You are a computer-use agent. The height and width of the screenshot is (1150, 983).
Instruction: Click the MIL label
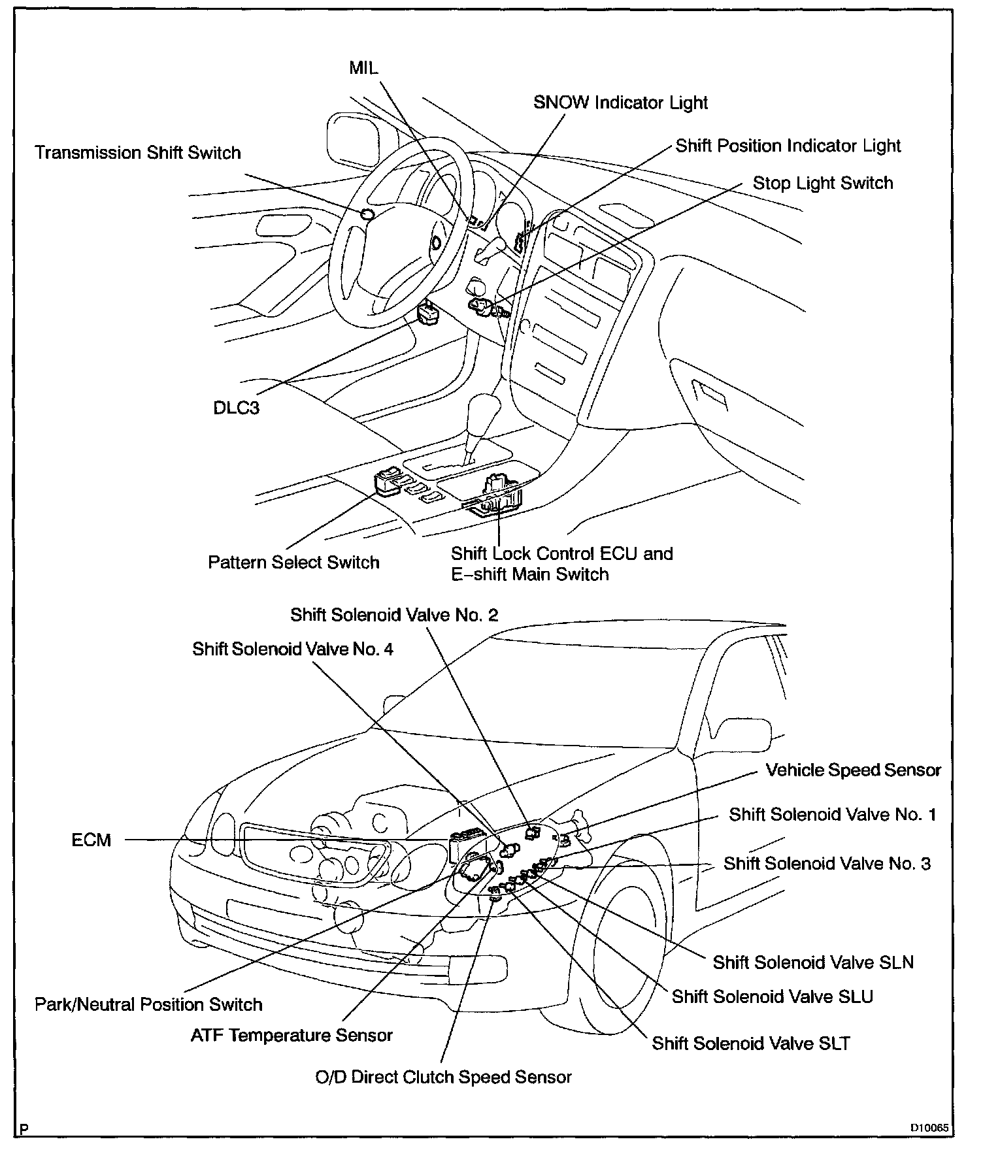pyautogui.click(x=363, y=68)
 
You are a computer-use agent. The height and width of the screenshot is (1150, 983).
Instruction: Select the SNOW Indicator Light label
pyautogui.click(x=620, y=103)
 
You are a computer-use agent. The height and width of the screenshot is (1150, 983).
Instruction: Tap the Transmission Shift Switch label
pyautogui.click(x=138, y=153)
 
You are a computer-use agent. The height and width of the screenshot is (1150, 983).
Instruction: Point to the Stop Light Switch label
pyautogui.click(x=822, y=183)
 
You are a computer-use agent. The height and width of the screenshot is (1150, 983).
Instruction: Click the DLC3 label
pyautogui.click(x=237, y=408)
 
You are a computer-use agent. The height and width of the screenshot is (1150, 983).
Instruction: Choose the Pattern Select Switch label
pyautogui.click(x=293, y=563)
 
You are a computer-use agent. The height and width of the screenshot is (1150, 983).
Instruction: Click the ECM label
pyautogui.click(x=92, y=840)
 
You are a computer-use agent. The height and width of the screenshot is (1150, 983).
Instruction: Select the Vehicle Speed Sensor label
pyautogui.click(x=853, y=770)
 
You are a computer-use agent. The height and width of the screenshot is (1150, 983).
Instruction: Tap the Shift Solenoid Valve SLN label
pyautogui.click(x=813, y=962)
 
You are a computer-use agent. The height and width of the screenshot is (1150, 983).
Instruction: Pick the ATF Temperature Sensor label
pyautogui.click(x=292, y=1036)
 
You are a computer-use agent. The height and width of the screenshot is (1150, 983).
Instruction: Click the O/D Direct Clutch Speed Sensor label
pyautogui.click(x=443, y=1077)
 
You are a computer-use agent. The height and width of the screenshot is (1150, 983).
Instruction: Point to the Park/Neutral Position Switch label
pyautogui.click(x=148, y=1004)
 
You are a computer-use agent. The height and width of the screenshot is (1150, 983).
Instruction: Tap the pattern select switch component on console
pyautogui.click(x=389, y=482)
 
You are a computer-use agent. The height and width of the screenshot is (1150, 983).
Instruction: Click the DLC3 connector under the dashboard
pyautogui.click(x=429, y=313)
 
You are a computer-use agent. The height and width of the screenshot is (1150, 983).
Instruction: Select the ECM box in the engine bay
pyautogui.click(x=465, y=847)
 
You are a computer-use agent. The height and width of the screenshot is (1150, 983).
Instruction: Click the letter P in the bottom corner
pyautogui.click(x=24, y=1128)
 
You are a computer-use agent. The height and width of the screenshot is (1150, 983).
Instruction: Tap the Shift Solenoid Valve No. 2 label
pyautogui.click(x=394, y=615)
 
